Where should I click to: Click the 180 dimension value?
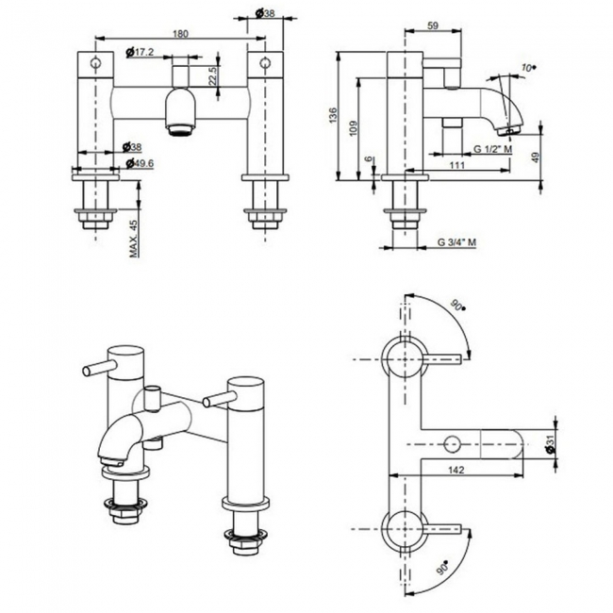tap(180, 32)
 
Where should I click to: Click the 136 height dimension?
tap(331, 116)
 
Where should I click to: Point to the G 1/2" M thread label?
tap(493, 149)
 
